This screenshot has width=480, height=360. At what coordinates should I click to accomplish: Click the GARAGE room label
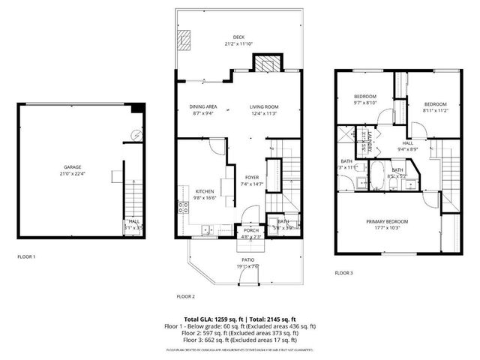click(x=72, y=167)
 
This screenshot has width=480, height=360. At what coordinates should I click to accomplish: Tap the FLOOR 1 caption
click(x=27, y=256)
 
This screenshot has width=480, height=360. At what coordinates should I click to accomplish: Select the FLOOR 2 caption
click(x=185, y=295)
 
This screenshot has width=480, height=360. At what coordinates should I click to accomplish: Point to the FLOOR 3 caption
click(x=343, y=273)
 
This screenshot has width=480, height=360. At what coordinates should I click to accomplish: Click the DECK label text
click(x=238, y=37)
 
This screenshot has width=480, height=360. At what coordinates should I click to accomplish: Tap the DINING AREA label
click(x=202, y=106)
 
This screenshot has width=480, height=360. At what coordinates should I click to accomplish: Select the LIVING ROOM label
click(x=264, y=106)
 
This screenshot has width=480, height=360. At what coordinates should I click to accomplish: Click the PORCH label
click(x=250, y=231)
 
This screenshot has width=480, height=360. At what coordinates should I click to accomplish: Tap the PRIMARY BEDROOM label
click(x=387, y=221)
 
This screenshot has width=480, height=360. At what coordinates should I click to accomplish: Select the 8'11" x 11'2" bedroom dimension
click(x=435, y=110)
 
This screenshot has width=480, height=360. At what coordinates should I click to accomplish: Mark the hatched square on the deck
click(x=184, y=39)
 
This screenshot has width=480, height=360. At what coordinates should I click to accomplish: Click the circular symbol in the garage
click(x=135, y=135)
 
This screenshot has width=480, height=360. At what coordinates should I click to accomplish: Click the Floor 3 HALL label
click(x=408, y=142)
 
